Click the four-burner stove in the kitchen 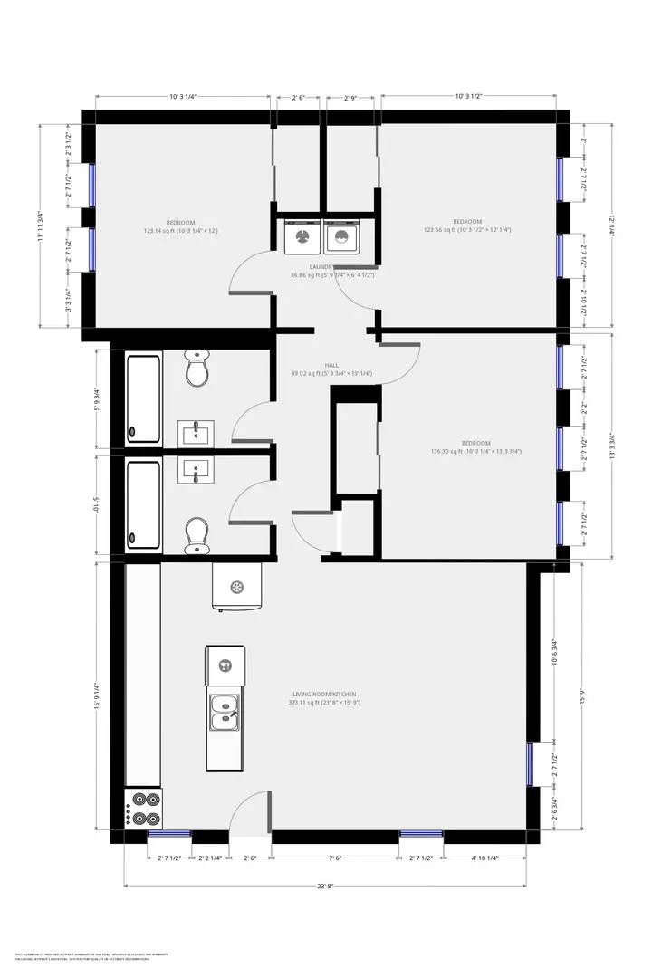coord(143,809)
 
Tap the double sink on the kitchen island coord(224,713)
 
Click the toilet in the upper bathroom coord(197,369)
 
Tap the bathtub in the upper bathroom coord(143,399)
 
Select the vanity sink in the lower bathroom coord(195,470)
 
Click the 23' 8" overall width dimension coord(325,887)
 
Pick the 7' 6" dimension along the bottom coord(335,858)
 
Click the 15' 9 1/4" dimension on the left coord(96,695)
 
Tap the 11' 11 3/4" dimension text coord(40,225)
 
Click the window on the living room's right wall coord(532,763)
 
